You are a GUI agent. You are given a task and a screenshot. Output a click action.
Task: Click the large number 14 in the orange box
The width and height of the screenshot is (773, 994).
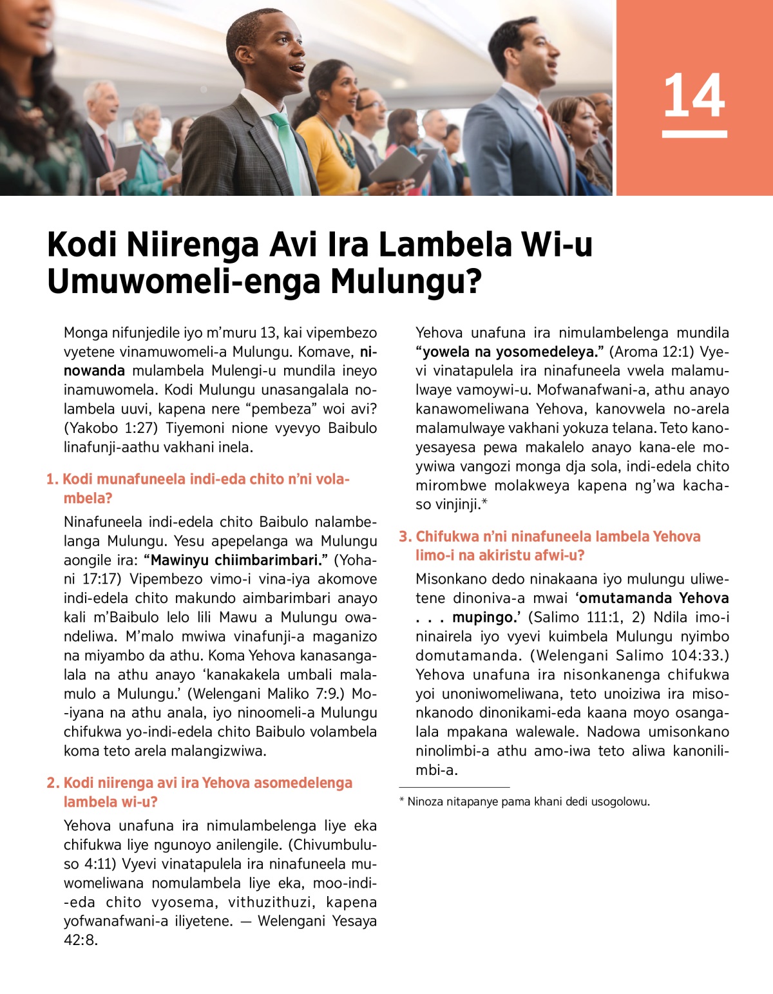pos(694,95)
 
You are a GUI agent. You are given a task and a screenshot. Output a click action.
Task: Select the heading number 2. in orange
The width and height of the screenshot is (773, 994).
pos(53,783)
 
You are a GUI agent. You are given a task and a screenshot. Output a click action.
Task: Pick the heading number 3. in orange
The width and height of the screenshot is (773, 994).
pos(405,537)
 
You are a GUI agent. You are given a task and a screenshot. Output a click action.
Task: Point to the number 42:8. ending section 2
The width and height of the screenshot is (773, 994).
pos(81,940)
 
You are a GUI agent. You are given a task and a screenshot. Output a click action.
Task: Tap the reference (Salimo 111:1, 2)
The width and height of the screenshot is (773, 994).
pos(586,617)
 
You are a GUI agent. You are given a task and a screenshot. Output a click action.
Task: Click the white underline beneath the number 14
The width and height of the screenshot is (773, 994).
pos(694,135)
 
